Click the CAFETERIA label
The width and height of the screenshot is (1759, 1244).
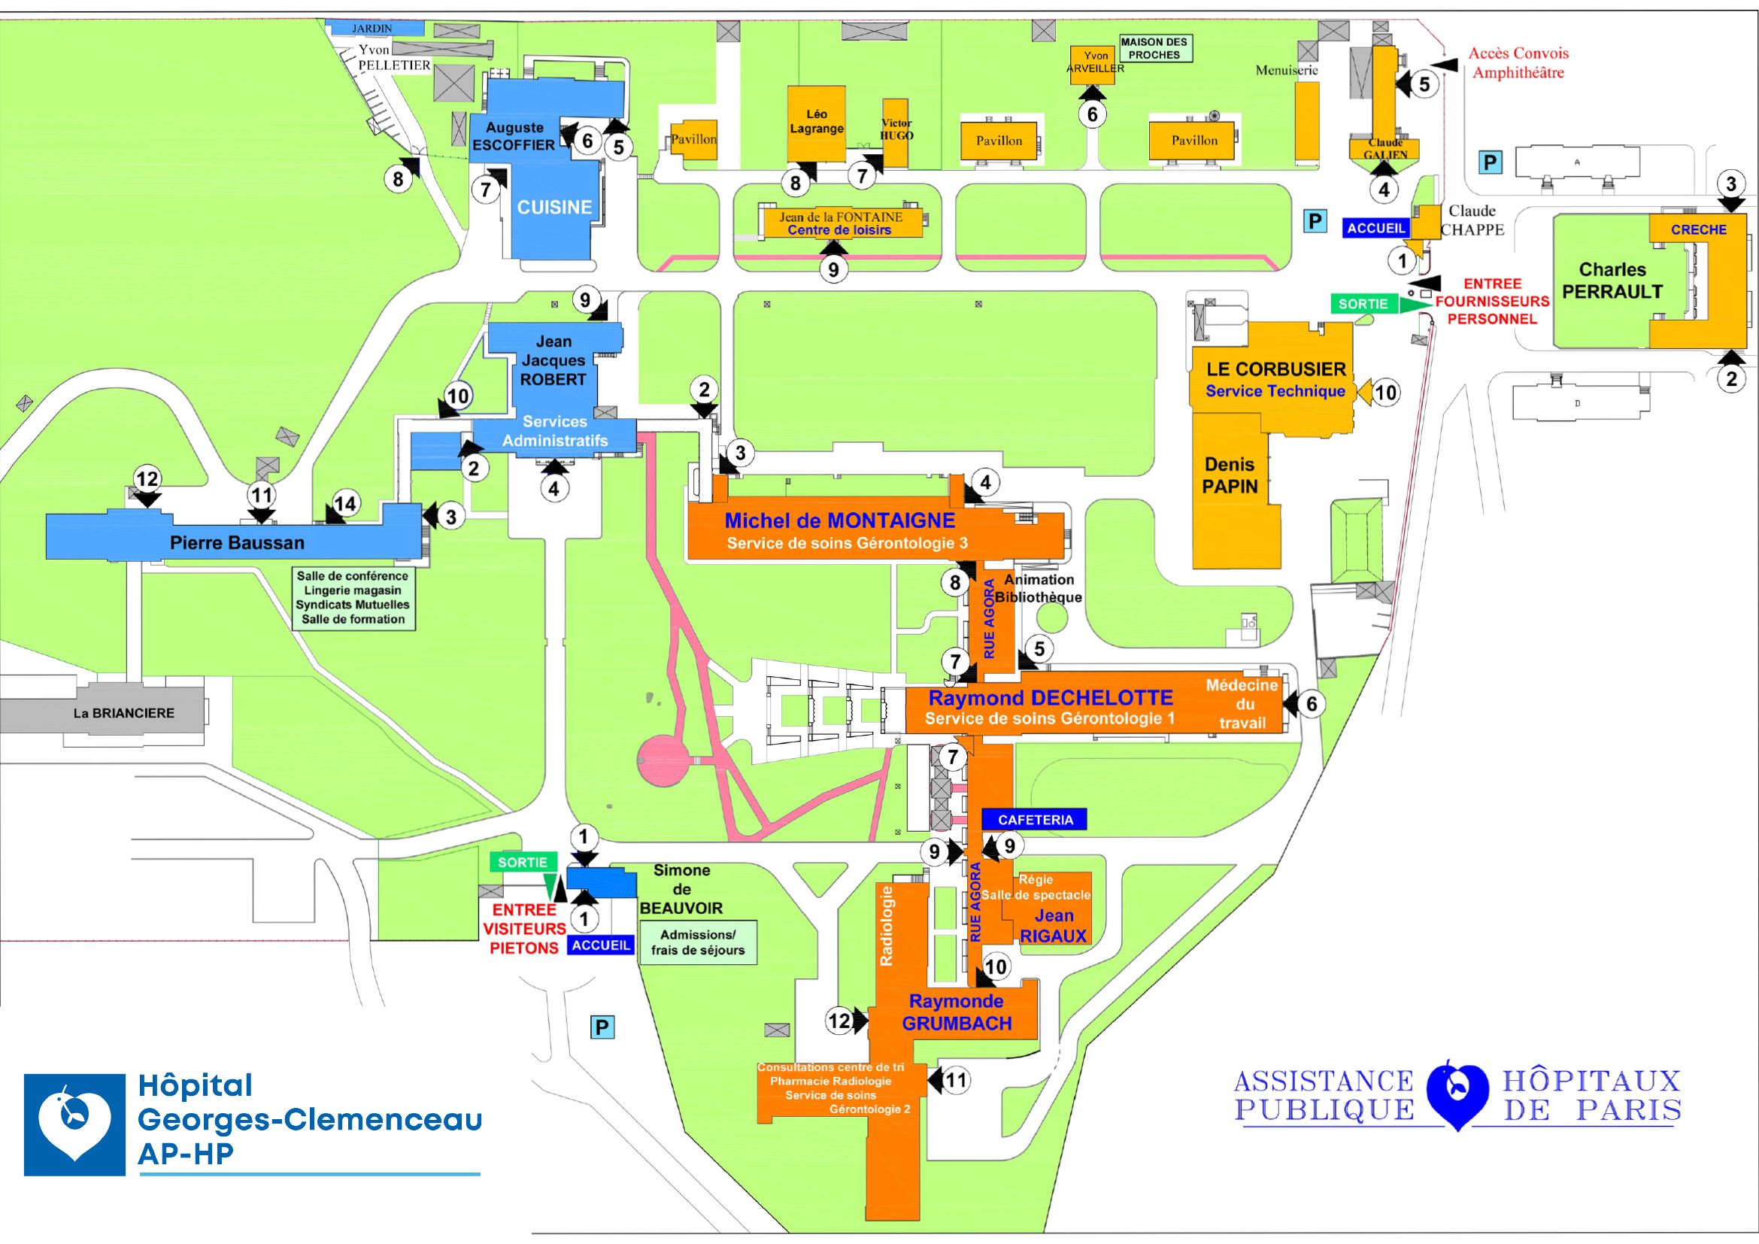[x=1034, y=820]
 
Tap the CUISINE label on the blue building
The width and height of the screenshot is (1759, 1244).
[x=554, y=208]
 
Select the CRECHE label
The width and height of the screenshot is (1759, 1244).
[x=1698, y=230]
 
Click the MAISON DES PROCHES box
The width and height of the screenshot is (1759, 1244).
[x=1154, y=48]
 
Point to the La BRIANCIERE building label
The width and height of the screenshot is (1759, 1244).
[x=124, y=713]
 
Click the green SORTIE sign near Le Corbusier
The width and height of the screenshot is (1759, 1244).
[x=1363, y=304]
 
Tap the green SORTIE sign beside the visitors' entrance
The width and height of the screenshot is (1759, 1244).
[x=523, y=863]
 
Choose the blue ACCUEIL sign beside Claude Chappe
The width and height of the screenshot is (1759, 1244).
[x=1376, y=229]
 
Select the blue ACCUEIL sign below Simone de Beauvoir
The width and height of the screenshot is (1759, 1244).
[x=601, y=945]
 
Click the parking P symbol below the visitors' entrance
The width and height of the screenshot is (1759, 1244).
[x=602, y=1027]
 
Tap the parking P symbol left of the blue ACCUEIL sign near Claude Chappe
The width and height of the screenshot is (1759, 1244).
[x=1315, y=221]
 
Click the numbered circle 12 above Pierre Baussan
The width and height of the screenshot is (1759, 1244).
[x=147, y=480]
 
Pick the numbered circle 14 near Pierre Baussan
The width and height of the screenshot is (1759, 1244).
[x=345, y=504]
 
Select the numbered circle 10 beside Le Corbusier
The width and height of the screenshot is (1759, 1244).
[x=1385, y=393]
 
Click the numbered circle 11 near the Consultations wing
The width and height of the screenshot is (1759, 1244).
[x=955, y=1080]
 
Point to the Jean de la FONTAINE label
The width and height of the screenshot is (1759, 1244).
[x=841, y=217]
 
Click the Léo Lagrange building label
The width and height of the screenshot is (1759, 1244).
[x=817, y=121]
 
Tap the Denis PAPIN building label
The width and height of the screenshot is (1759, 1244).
[x=1230, y=475]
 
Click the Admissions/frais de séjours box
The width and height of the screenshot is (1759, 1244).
[x=697, y=942]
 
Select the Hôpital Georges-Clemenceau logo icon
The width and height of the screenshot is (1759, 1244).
[x=74, y=1124]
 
